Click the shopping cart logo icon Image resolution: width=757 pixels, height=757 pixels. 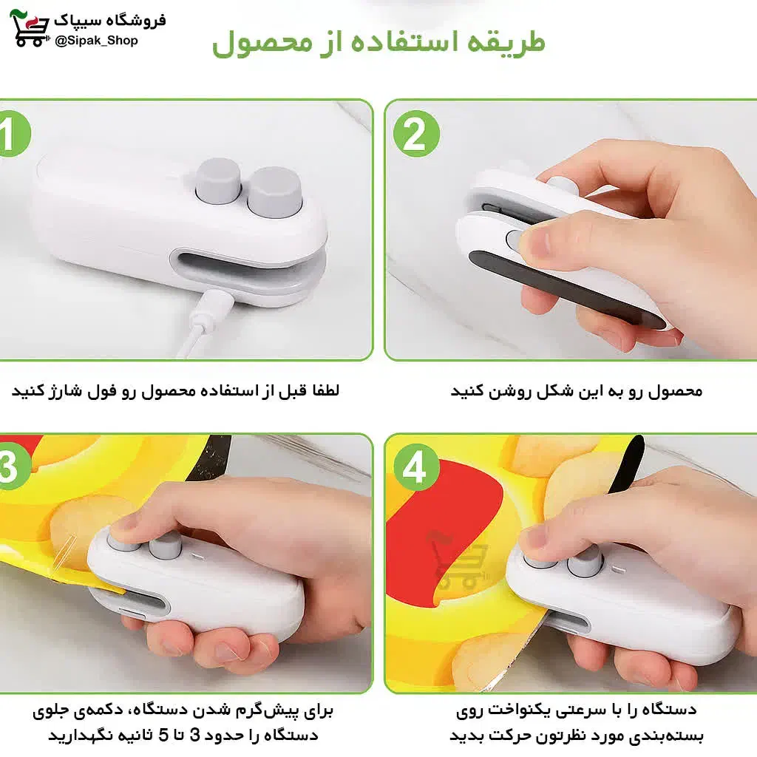pyautogui.click(x=30, y=28)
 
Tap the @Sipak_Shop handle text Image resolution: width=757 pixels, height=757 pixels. pyautogui.click(x=96, y=41)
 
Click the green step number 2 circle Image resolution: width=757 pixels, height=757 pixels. pyautogui.click(x=416, y=133)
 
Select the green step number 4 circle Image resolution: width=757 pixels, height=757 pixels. pyautogui.click(x=416, y=467)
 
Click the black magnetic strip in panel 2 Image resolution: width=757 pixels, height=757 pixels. pyautogui.click(x=566, y=290)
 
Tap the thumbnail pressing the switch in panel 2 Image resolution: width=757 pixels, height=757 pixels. pyautogui.click(x=537, y=242)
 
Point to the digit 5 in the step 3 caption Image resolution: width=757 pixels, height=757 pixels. pyautogui.click(x=164, y=736)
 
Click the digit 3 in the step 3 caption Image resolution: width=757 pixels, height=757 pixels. pyautogui.click(x=195, y=736)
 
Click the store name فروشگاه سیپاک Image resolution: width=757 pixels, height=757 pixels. pyautogui.click(x=109, y=20)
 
